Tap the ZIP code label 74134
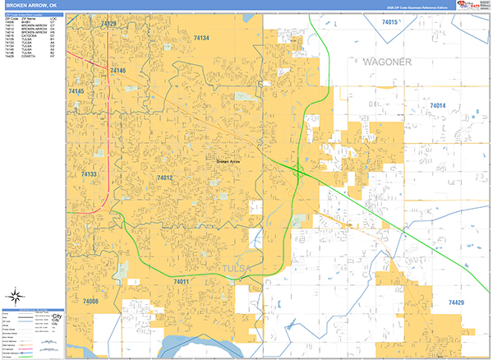pyautogui.click(x=201, y=38)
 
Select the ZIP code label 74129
pyautogui.click(x=108, y=24)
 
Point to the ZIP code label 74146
pyautogui.click(x=118, y=72)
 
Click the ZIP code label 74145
pyautogui.click(x=76, y=91)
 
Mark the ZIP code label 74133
pyautogui.click(x=90, y=174)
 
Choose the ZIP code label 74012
pyautogui.click(x=164, y=178)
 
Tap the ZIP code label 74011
pyautogui.click(x=181, y=282)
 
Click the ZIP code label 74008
pyautogui.click(x=90, y=302)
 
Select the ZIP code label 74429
pyautogui.click(x=456, y=303)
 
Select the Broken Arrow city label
pyautogui.click(x=228, y=162)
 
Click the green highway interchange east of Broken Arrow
pyautogui.click(x=297, y=171)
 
